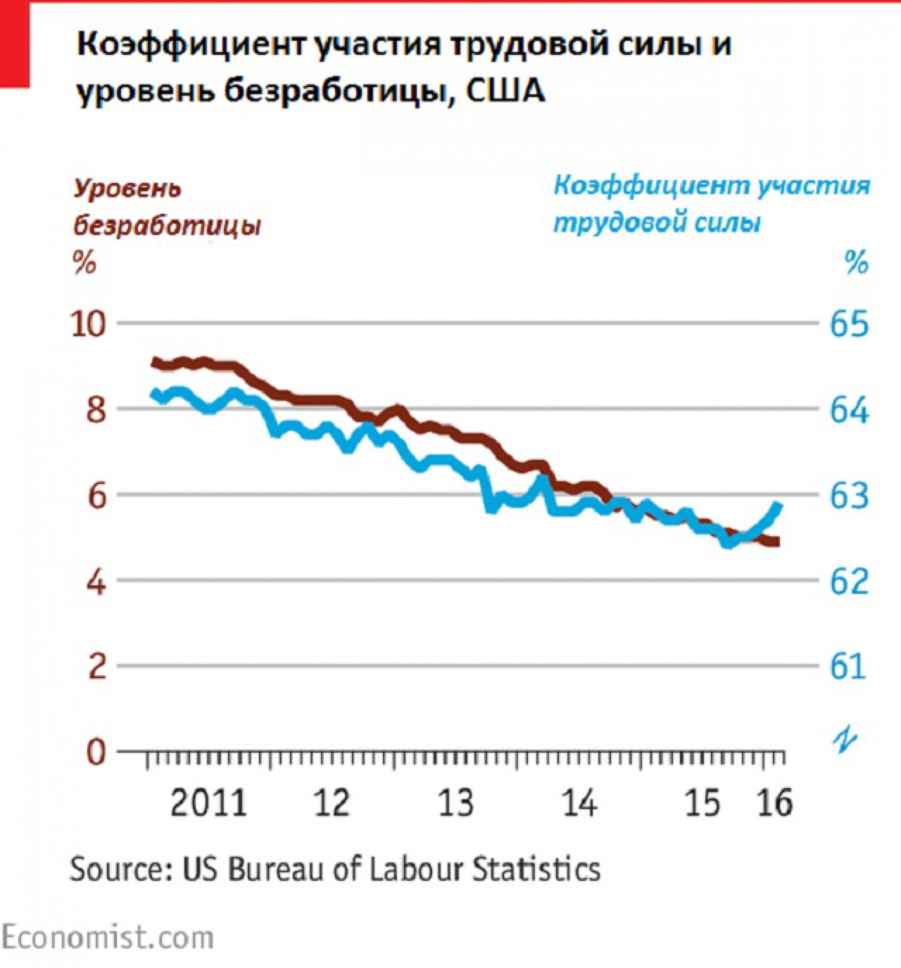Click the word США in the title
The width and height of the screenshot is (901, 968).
[x=505, y=91]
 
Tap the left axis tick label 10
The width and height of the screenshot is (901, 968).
[x=89, y=324]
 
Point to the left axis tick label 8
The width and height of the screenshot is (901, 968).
[x=96, y=410]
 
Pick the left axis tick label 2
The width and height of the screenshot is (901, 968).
[x=97, y=667]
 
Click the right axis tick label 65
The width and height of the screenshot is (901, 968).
[x=849, y=324]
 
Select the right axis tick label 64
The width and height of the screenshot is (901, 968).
[x=849, y=410]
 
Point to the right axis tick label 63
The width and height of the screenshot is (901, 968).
[x=849, y=496]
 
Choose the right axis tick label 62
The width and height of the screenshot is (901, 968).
[x=849, y=582]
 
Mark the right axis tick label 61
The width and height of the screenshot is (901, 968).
[x=848, y=667]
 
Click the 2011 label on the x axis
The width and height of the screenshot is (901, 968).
[x=208, y=803]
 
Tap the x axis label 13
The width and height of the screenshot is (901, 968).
[x=456, y=803]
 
